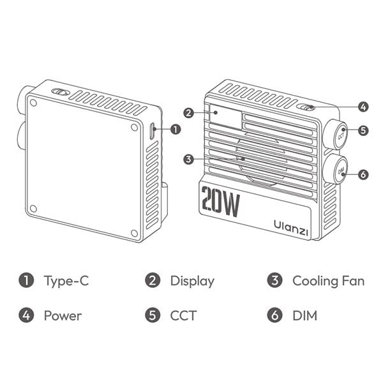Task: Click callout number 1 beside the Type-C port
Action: tap(176, 129)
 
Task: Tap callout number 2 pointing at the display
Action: tap(189, 113)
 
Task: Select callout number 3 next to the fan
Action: tap(188, 160)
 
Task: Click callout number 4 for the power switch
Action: tap(363, 107)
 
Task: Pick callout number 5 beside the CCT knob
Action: tap(363, 130)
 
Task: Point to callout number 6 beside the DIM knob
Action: tap(363, 174)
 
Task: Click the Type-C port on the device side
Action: tap(152, 131)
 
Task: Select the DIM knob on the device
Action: tap(340, 170)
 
